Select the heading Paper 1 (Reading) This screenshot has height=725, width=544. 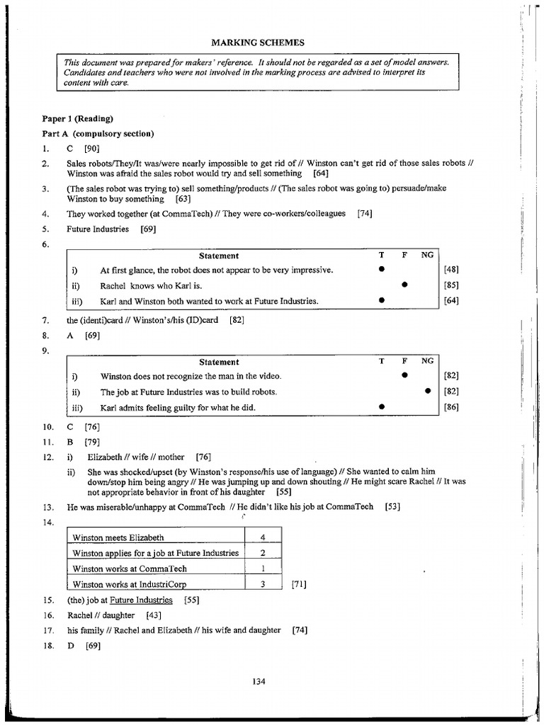(x=77, y=118)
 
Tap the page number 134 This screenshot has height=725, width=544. (x=258, y=681)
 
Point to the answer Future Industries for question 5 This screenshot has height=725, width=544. (x=98, y=229)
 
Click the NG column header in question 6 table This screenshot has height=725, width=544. (x=427, y=256)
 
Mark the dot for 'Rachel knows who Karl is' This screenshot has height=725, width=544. (x=404, y=285)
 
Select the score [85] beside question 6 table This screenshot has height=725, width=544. (x=451, y=285)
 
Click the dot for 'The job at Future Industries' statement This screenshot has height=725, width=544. (x=428, y=392)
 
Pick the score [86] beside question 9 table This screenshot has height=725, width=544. (x=451, y=407)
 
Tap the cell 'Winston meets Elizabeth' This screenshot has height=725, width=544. (x=118, y=537)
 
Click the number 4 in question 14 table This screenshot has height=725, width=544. (x=263, y=537)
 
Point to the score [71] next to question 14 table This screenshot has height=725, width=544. (x=299, y=584)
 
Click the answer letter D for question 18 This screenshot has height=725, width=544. (x=71, y=645)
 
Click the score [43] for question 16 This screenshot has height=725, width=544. (x=153, y=615)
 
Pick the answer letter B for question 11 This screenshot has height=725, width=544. (x=70, y=442)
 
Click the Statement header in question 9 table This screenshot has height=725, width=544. (x=219, y=362)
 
